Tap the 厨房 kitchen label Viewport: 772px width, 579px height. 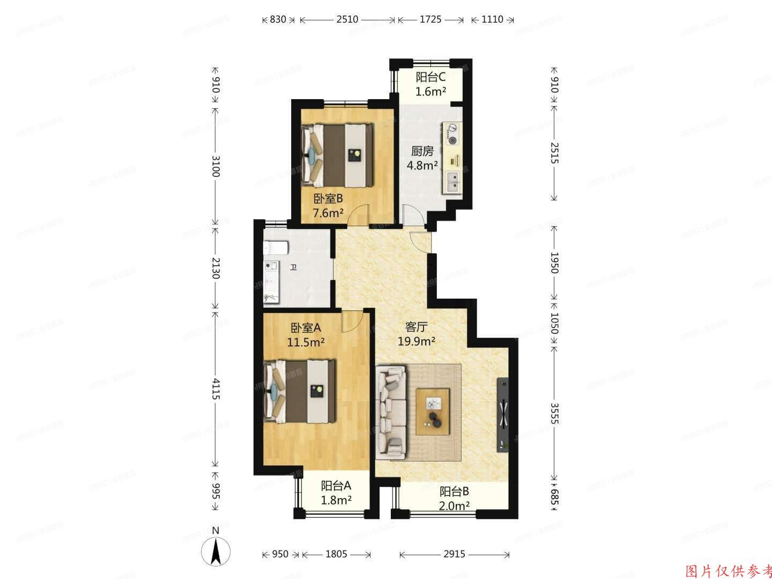click(x=422, y=152)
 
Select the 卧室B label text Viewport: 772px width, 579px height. click(x=328, y=199)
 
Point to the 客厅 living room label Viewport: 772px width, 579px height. click(x=415, y=326)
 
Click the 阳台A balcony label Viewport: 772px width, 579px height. click(x=336, y=486)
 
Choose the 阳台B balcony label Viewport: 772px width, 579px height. click(x=455, y=492)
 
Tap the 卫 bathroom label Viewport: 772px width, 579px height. click(x=293, y=268)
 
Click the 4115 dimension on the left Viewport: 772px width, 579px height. click(x=216, y=389)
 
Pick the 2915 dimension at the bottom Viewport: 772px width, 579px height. click(x=454, y=554)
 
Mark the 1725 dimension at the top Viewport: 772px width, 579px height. click(x=430, y=20)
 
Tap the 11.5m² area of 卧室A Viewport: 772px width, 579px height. click(x=306, y=342)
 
